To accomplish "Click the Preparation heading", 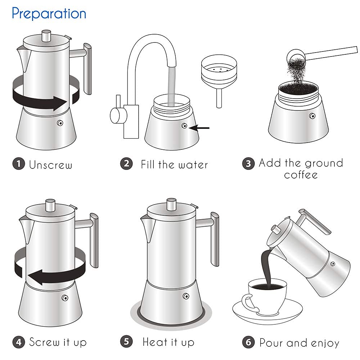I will point(49,13).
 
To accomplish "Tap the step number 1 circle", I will point(19,164).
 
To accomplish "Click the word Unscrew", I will point(51,165).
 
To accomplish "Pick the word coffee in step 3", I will point(301,175).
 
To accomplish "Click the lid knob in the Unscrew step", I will point(46,36).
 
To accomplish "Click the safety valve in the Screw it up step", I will point(65,298).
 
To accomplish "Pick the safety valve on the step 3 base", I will point(312,116).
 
